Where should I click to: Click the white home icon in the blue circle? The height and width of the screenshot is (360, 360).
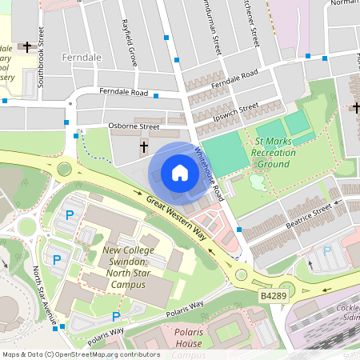(x=180, y=172)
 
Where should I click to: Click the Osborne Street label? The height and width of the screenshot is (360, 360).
(x=134, y=126)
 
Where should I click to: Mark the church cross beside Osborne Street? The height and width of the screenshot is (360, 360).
(x=145, y=147)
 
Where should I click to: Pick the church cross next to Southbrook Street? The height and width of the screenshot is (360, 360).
(x=28, y=48)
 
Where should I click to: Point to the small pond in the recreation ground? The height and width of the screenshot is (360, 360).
(x=257, y=182)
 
